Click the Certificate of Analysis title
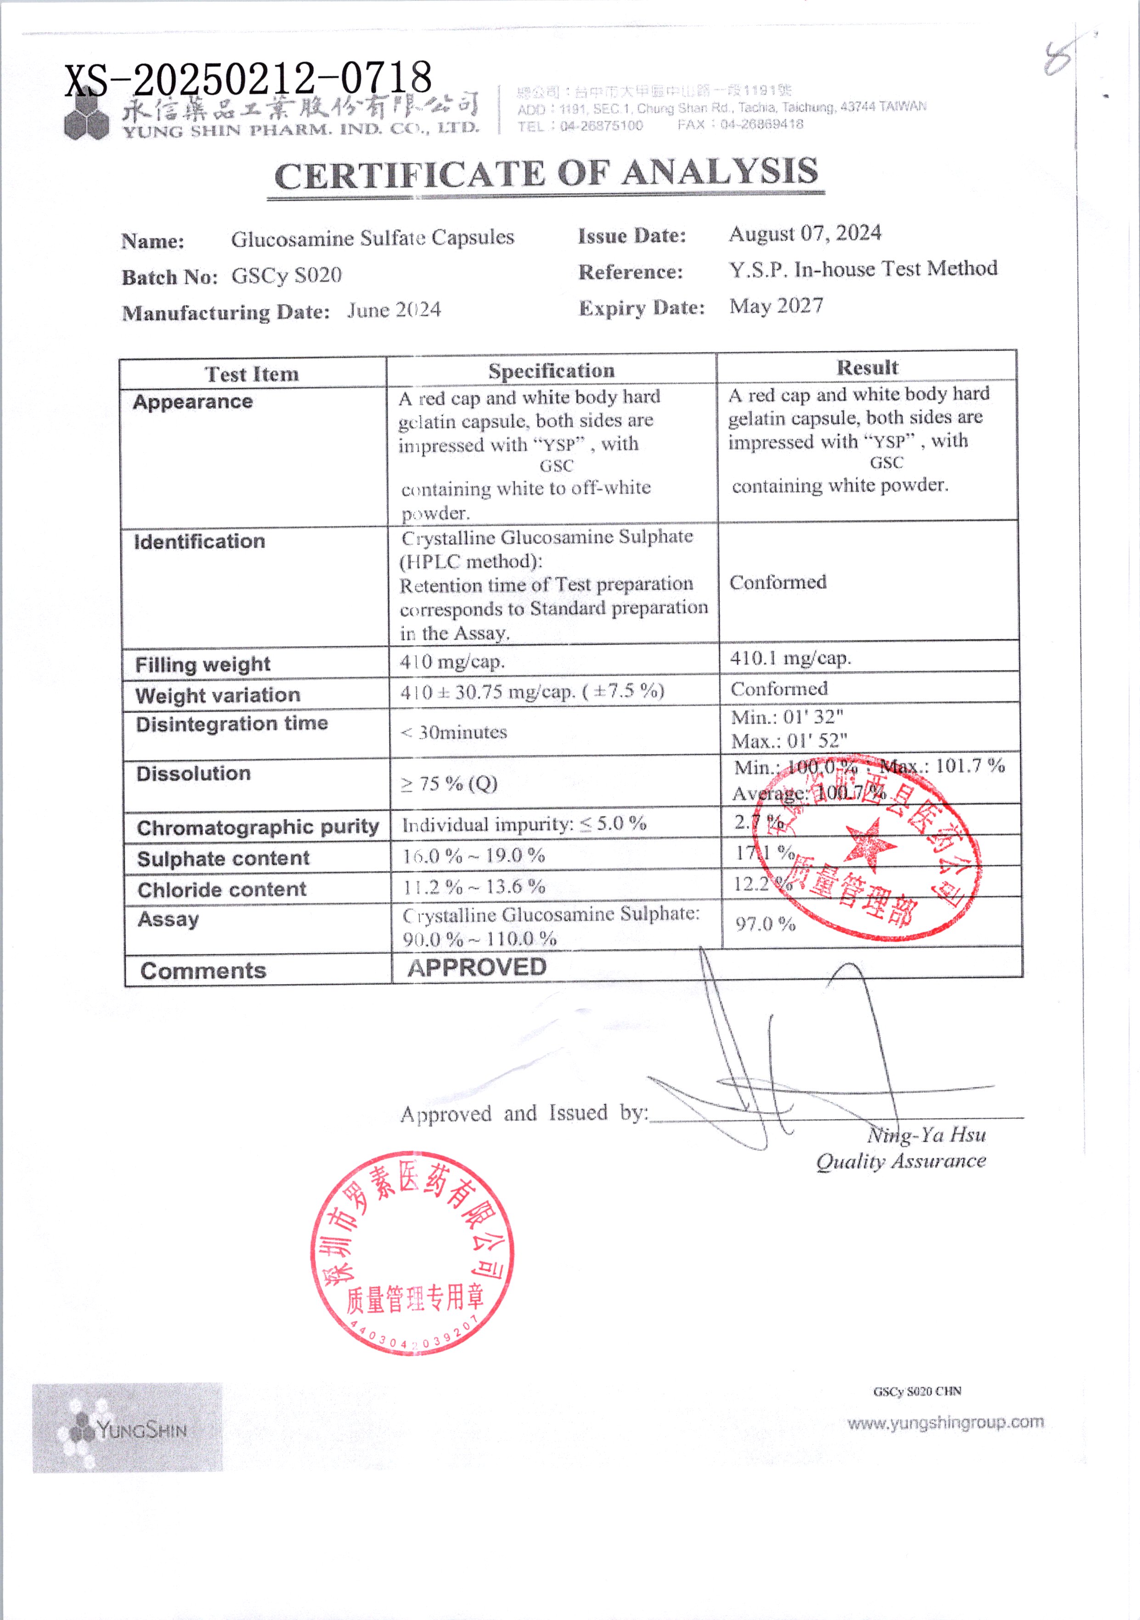[546, 174]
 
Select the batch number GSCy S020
[287, 275]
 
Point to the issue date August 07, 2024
[805, 233]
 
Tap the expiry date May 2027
[776, 306]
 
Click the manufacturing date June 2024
[394, 311]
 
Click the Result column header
[867, 368]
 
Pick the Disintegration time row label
[231, 724]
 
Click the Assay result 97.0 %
[765, 923]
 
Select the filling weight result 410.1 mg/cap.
[790, 658]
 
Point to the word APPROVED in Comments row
[477, 967]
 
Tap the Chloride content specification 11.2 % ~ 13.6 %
[474, 887]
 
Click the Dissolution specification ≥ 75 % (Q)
[449, 784]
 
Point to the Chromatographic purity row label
[258, 827]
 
